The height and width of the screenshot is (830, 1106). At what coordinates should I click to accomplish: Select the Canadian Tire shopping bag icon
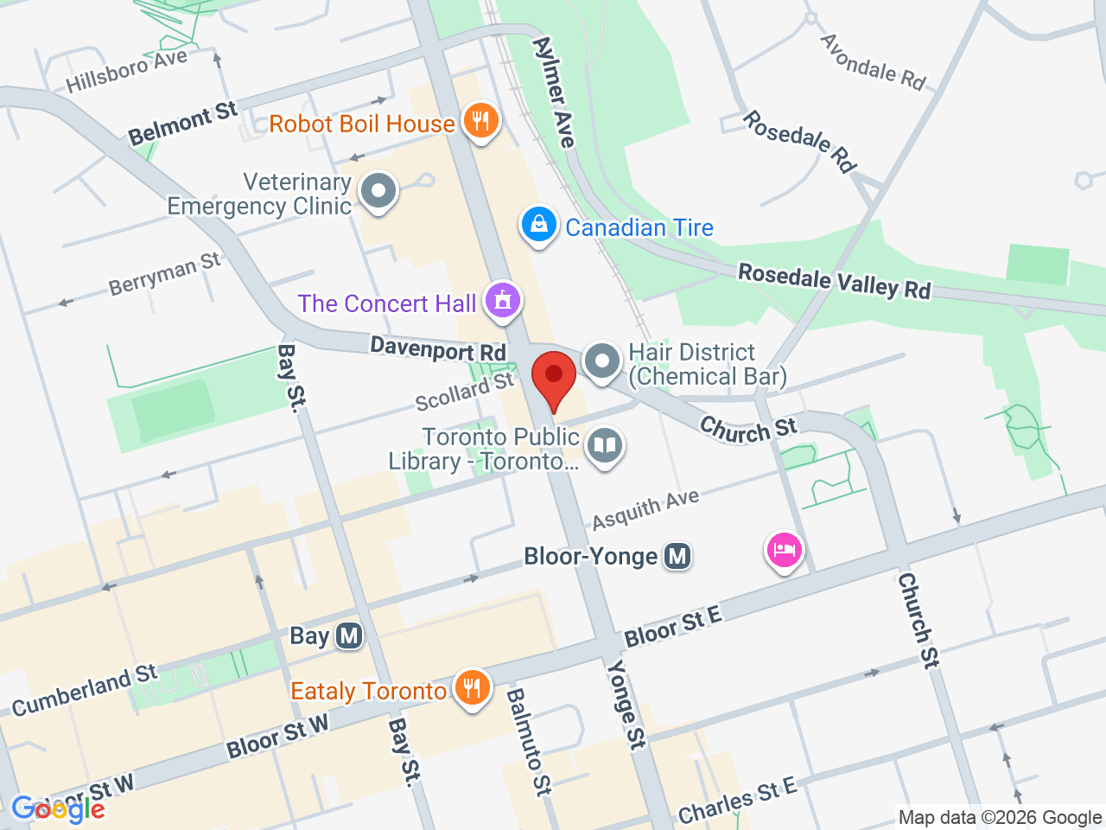point(538,225)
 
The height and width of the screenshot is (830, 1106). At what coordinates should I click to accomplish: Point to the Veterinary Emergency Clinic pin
point(378,191)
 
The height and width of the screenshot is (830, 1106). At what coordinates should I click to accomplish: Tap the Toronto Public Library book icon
point(605,446)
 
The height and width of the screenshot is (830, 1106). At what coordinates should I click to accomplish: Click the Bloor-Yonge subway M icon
point(678,556)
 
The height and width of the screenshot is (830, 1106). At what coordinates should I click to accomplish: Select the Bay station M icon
point(349,636)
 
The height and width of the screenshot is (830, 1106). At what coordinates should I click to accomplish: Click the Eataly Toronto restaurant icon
point(472,687)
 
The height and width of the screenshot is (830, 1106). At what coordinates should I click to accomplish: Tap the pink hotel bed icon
point(784,550)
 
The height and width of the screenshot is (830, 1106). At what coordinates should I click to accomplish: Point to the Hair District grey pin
point(601,361)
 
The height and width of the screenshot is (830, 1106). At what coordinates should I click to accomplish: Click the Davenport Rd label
point(438,348)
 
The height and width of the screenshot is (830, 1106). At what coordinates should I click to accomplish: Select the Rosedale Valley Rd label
point(834,281)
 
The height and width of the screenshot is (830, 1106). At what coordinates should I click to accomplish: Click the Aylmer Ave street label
point(554,92)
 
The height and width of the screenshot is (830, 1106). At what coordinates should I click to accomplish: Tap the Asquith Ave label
point(645,510)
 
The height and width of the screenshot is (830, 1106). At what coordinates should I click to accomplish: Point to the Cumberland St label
point(85,690)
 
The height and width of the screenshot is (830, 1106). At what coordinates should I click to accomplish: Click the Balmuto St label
point(528,741)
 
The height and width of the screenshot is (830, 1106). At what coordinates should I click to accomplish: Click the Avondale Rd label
point(873,61)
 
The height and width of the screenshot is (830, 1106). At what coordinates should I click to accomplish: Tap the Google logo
point(58,809)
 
